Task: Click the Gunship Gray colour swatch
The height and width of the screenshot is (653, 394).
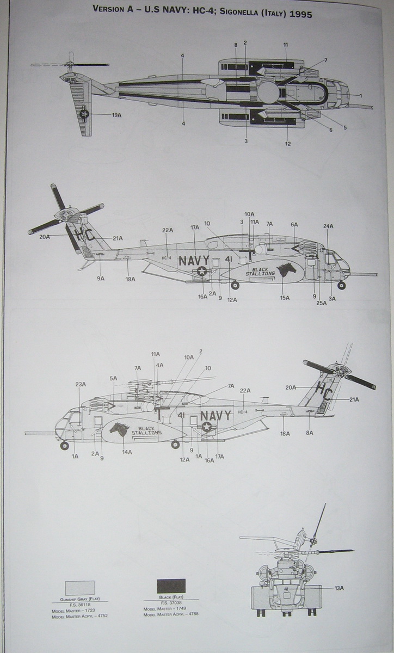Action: (79, 588)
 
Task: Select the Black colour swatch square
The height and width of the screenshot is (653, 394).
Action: (171, 586)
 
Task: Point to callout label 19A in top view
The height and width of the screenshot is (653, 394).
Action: (116, 115)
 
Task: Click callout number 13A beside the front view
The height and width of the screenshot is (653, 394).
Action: (339, 588)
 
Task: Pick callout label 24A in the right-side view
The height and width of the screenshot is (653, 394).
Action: (328, 226)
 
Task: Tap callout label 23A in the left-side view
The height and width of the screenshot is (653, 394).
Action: (81, 385)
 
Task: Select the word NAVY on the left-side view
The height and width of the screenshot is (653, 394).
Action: (216, 416)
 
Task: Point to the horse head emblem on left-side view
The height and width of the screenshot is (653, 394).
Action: (119, 429)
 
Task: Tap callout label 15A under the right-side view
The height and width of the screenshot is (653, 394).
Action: (285, 298)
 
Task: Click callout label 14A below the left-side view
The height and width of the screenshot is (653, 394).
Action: (127, 452)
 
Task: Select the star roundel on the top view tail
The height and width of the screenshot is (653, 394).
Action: (84, 114)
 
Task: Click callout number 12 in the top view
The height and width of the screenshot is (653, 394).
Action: (287, 144)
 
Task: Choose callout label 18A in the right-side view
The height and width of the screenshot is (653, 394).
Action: (130, 279)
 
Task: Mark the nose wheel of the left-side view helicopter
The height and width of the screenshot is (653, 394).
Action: (65, 446)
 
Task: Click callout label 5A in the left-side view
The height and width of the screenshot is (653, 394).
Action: (113, 379)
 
